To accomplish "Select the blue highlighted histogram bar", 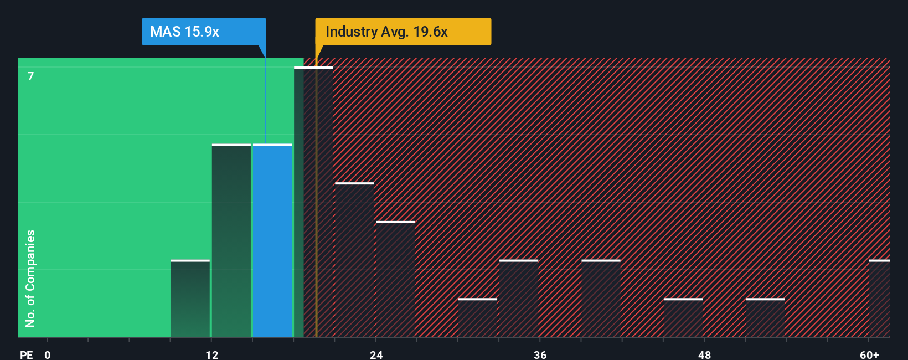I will pyautogui.click(x=272, y=240).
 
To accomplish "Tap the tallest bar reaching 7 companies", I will pyautogui.click(x=313, y=202).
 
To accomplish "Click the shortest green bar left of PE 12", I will pyautogui.click(x=190, y=299).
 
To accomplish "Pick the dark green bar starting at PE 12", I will pyautogui.click(x=231, y=240).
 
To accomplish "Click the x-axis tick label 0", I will pyautogui.click(x=48, y=355).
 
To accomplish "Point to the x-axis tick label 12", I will pyautogui.click(x=212, y=355).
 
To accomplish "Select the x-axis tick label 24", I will pyautogui.click(x=376, y=355).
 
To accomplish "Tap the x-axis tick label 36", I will pyautogui.click(x=540, y=355).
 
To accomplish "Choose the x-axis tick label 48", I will pyautogui.click(x=705, y=355).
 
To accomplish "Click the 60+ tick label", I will pyautogui.click(x=870, y=355).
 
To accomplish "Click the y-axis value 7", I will pyautogui.click(x=31, y=76).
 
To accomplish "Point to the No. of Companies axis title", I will pyautogui.click(x=30, y=278).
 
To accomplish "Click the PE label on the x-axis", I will pyautogui.click(x=26, y=355).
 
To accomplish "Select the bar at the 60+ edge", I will pyautogui.click(x=880, y=299).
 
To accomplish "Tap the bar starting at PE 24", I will pyautogui.click(x=395, y=279).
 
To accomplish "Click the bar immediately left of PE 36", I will pyautogui.click(x=519, y=299).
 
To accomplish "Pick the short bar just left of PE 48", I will pyautogui.click(x=683, y=318).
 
